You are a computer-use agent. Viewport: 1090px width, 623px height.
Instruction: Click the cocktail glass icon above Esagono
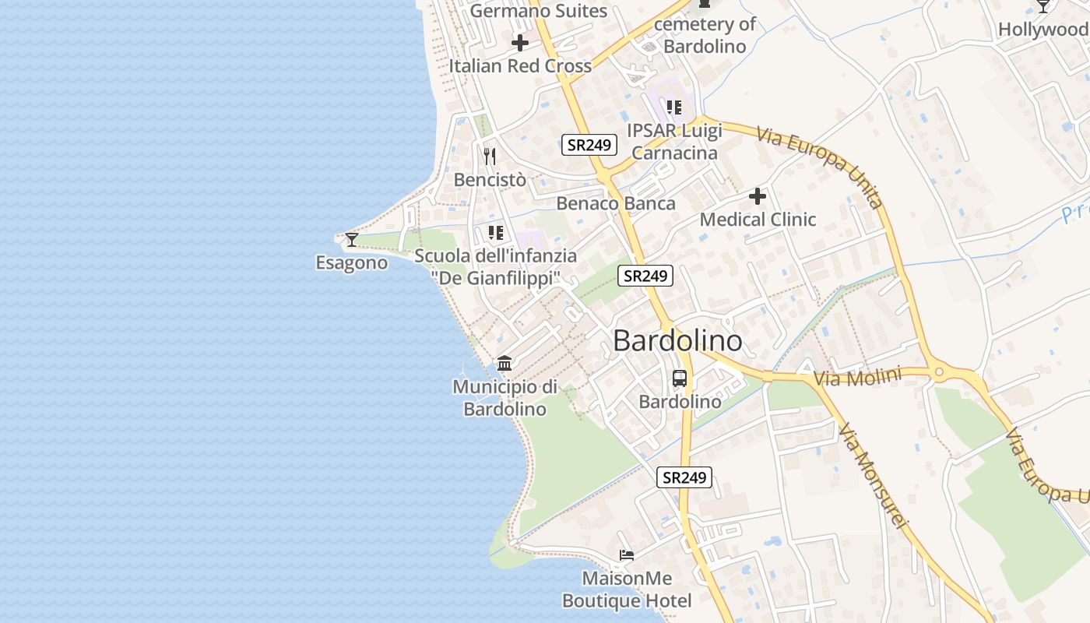click(x=352, y=239)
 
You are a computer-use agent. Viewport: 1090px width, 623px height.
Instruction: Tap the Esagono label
click(x=351, y=262)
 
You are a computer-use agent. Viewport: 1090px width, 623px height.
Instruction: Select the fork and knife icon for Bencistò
click(x=490, y=157)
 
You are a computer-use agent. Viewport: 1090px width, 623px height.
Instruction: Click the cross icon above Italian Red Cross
click(x=520, y=43)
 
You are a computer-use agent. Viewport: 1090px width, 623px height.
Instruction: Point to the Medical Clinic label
click(x=758, y=220)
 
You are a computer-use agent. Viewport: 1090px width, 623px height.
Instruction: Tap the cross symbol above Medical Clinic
click(x=758, y=196)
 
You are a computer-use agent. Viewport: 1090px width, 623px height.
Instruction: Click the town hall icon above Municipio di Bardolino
click(x=505, y=364)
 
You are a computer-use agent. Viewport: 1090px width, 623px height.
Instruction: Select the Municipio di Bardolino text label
click(x=505, y=398)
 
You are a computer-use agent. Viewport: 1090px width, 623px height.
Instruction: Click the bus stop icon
click(x=680, y=379)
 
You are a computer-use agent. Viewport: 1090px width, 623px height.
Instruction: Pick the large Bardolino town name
click(x=677, y=341)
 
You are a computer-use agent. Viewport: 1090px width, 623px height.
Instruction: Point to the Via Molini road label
click(x=857, y=378)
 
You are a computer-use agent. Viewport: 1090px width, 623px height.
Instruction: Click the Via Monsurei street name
click(x=873, y=476)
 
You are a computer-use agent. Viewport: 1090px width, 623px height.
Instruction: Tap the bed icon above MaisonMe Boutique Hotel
click(x=627, y=555)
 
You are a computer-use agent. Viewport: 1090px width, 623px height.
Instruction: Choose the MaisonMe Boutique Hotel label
click(x=627, y=590)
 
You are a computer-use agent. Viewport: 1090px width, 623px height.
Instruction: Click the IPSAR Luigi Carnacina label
click(x=675, y=142)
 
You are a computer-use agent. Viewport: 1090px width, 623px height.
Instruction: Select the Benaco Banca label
click(x=616, y=204)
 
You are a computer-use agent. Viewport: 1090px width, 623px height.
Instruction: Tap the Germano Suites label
click(x=539, y=11)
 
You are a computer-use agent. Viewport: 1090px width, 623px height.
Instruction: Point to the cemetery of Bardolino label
click(x=705, y=35)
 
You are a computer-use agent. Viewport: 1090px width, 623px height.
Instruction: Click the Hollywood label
click(x=1043, y=30)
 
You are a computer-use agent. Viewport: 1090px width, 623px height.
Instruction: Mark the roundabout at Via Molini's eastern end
click(x=939, y=372)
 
